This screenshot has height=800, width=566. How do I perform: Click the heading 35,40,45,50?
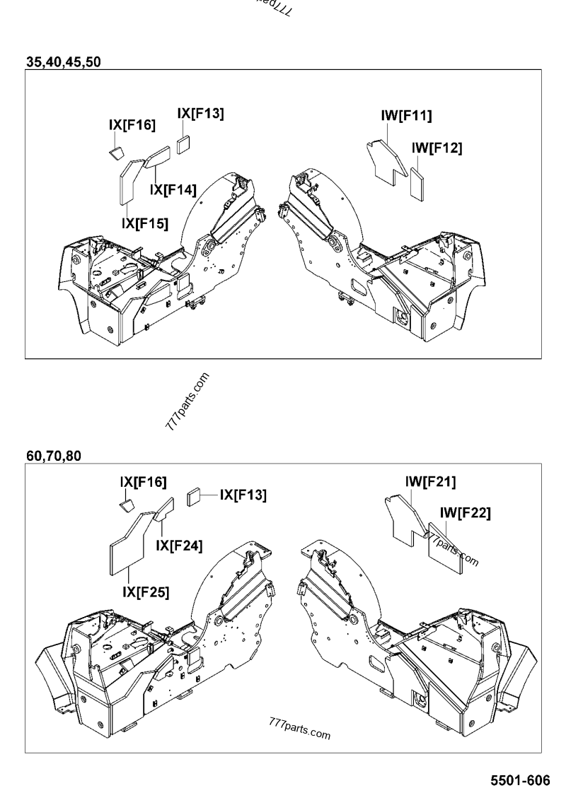(64, 61)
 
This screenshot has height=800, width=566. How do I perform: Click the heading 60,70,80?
(53, 456)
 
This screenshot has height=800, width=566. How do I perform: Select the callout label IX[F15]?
(145, 223)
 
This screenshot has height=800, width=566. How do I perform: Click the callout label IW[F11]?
(406, 116)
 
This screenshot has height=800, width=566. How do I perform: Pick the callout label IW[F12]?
(437, 148)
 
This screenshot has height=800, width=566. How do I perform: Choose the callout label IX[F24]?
(179, 545)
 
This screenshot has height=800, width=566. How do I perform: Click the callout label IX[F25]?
(145, 592)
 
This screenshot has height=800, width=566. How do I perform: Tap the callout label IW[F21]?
(430, 482)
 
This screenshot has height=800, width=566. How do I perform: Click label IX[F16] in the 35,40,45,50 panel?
(132, 125)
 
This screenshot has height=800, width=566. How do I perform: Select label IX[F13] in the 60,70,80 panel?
(243, 495)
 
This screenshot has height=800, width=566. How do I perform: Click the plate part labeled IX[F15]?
(128, 181)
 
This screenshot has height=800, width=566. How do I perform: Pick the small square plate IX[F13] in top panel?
(184, 143)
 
